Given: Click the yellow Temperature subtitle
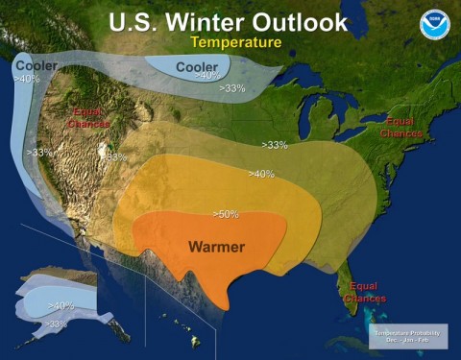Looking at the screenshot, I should pos(235,43).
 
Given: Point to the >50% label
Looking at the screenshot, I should pos(225,213).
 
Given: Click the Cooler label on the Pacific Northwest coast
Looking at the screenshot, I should pos(36,65).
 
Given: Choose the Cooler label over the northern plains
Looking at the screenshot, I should pos(195,65).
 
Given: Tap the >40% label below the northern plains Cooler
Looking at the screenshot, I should pos(207,76).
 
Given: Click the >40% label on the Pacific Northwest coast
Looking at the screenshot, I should pos(26,79).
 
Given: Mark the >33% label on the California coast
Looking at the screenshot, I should pos(40,153).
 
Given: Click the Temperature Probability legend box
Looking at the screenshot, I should pos(407,336).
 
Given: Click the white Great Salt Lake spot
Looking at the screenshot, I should pos(104,152).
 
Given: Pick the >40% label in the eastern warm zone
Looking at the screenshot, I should pos(261,174).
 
